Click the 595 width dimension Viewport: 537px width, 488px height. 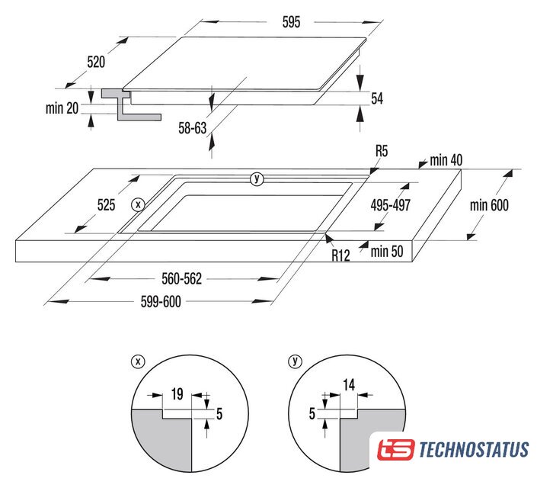tap(291, 22)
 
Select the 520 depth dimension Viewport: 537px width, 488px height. tap(96, 62)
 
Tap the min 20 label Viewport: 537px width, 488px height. tap(62, 108)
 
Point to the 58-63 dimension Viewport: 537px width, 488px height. tap(193, 128)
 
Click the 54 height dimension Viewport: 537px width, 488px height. tap(377, 98)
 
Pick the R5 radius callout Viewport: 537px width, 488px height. tap(382, 151)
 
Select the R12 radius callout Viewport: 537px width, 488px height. tap(340, 255)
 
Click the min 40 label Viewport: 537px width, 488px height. tap(446, 160)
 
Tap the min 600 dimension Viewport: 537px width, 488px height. tap(489, 205)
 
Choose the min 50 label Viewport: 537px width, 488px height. tap(387, 252)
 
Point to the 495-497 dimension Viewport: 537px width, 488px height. tap(391, 205)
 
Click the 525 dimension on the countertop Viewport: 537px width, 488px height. tap(106, 205)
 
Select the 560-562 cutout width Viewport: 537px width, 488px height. tap(182, 279)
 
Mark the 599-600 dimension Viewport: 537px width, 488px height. tap(161, 302)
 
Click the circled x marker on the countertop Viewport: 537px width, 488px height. tap(138, 205)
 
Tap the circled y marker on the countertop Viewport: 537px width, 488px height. tap(257, 178)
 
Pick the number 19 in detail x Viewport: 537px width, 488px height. tap(177, 394)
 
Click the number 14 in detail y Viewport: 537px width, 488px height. tap(349, 385)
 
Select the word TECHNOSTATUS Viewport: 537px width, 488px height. tap(474, 450)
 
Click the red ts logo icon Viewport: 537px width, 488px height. tap(396, 449)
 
